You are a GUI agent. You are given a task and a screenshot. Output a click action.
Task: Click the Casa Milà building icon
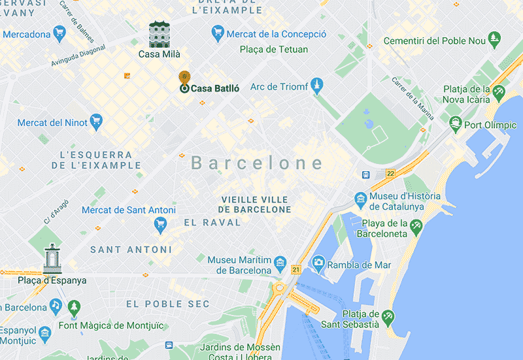160,34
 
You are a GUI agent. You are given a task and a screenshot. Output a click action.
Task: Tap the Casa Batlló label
214,88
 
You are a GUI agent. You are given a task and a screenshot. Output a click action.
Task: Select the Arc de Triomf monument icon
317,86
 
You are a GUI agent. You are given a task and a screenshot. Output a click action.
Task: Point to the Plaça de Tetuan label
274,50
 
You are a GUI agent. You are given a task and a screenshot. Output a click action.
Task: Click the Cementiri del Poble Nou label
434,41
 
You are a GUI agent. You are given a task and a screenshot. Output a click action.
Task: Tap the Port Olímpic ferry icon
455,123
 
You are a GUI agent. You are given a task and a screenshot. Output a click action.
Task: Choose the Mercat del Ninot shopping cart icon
97,122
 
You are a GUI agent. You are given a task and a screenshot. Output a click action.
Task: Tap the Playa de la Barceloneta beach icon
416,225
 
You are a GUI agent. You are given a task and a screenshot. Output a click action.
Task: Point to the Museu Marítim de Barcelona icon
280,263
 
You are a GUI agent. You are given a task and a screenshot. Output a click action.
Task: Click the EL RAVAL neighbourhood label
212,222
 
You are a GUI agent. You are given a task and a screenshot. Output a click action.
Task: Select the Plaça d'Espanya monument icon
52,259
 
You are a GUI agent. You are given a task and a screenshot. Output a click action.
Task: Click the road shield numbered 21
295,269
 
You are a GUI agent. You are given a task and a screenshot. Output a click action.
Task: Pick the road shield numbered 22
390,173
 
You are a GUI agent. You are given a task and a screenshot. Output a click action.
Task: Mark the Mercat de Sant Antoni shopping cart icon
160,225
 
